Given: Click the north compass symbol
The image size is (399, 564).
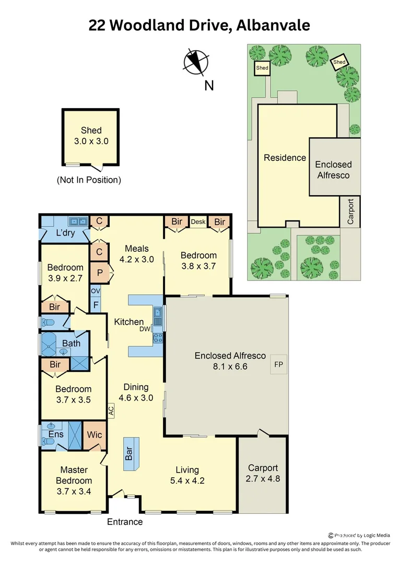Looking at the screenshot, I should [196, 61].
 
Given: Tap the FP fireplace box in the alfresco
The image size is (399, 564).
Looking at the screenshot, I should [278, 365].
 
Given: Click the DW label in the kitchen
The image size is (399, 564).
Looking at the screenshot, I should [145, 329].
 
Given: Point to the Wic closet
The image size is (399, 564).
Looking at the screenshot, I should [95, 434].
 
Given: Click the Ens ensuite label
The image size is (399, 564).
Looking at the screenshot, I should [56, 434].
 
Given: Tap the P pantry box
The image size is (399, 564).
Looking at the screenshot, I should [99, 272].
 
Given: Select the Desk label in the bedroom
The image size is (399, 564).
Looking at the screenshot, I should [198, 222].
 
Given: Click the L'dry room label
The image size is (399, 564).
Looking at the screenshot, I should [66, 233].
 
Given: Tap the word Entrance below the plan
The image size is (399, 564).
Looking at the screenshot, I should [125, 521].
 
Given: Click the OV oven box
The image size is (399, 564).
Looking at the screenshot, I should [96, 291].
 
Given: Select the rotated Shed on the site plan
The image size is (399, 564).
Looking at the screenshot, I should [339, 62].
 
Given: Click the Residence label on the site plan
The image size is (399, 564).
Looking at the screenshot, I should [285, 158].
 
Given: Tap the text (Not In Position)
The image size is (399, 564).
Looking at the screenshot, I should [89, 180].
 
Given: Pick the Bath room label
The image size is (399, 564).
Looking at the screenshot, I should [72, 343].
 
